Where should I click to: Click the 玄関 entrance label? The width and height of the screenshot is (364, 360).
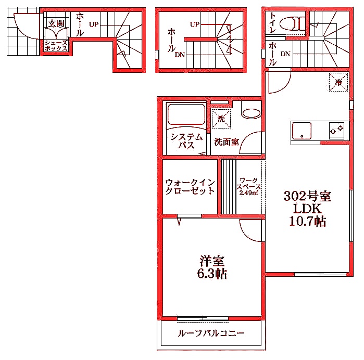tap(56, 23)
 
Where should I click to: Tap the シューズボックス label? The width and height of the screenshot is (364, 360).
tap(56, 45)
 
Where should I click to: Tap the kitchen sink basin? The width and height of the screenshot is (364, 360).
tap(302, 131)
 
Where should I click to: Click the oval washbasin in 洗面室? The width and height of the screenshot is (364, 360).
tap(251, 114)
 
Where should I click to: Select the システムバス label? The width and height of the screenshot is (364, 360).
tap(186, 141)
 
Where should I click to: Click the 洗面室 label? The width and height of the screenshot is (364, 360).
tap(227, 142)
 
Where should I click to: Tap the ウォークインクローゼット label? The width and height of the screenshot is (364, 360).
tap(190, 186)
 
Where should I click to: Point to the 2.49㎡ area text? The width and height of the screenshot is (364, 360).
tap(248, 193)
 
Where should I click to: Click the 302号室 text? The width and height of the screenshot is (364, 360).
tap(307, 196)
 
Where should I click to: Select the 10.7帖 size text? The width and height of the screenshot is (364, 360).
tap(307, 222)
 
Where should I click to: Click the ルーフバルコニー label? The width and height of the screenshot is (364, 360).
tap(211, 333)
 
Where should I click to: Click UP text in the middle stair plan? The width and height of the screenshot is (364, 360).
tap(194, 24)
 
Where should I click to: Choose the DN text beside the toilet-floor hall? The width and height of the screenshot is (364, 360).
tap(285, 54)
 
